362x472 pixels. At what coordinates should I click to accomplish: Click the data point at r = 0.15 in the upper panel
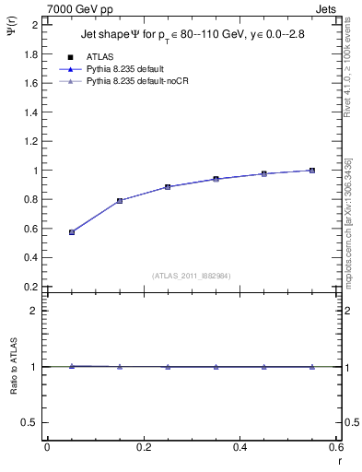(x=120, y=201)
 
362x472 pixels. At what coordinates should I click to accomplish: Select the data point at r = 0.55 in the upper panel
(x=312, y=171)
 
